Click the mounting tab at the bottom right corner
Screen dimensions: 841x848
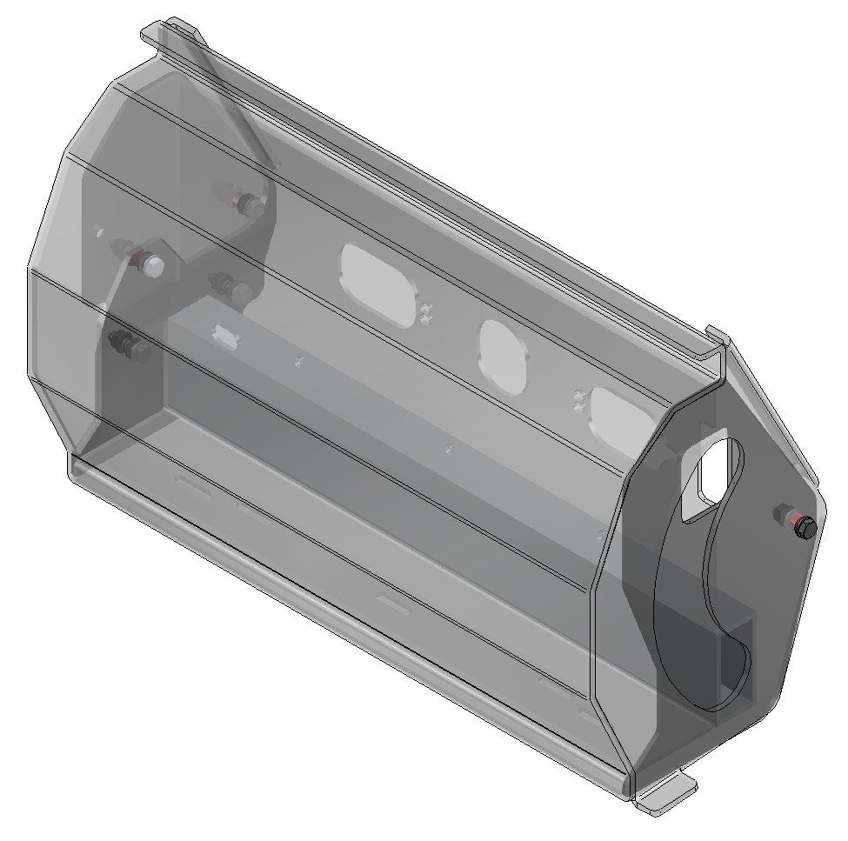click(666, 795)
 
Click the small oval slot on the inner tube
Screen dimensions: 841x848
click(227, 335)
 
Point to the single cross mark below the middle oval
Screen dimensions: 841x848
click(449, 449)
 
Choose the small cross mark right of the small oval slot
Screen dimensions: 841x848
click(297, 361)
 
